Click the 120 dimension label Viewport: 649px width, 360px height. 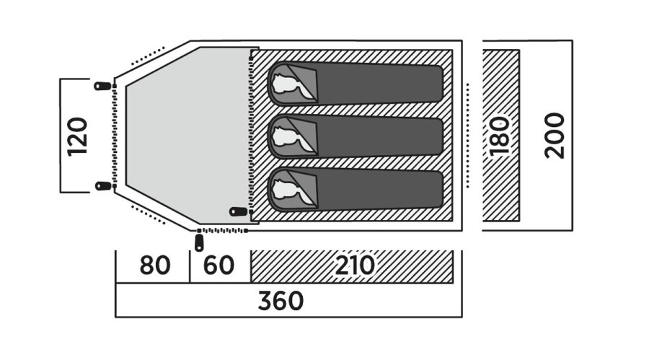pos(77,136)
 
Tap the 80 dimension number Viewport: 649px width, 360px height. pos(154,265)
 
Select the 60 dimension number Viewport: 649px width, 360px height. pos(218,265)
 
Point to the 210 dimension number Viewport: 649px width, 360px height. pos(354,265)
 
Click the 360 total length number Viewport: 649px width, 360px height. pos(281,301)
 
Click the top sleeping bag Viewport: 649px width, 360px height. pos(357,83)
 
